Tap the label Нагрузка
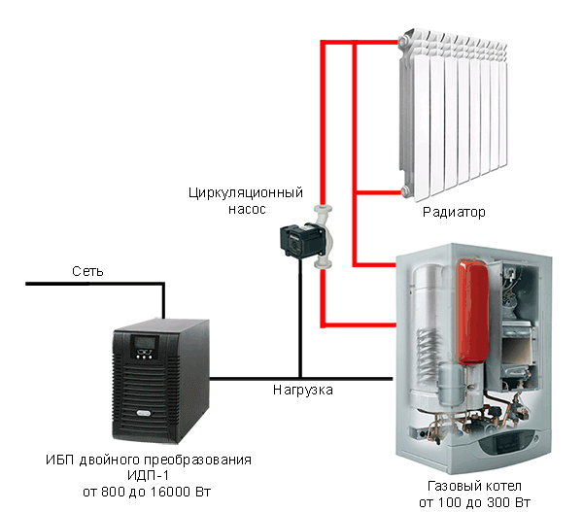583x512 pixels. [302, 390]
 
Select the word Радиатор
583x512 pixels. [454, 211]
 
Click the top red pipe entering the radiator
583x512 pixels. [360, 42]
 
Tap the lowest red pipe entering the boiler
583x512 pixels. [360, 324]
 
